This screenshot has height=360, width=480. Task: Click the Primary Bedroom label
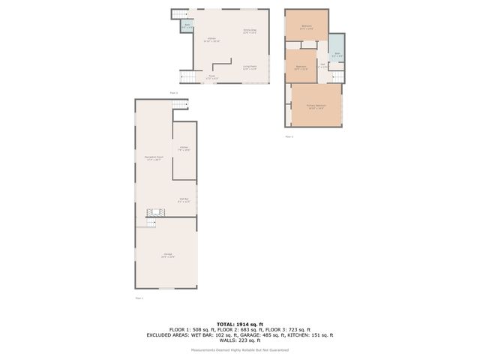pyautogui.click(x=314, y=106)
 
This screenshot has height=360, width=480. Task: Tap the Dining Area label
pyautogui.click(x=250, y=31)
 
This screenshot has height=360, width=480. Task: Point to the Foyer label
pyautogui.click(x=212, y=76)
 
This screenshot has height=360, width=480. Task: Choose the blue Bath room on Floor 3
pyautogui.click(x=337, y=55)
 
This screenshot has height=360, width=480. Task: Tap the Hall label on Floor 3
pyautogui.click(x=323, y=65)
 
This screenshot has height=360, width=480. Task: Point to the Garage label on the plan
pyautogui.click(x=167, y=255)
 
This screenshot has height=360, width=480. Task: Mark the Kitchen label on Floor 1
pyautogui.click(x=184, y=148)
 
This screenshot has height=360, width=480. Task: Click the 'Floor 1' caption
pyautogui.click(x=139, y=298)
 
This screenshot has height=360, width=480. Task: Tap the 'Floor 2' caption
pyautogui.click(x=173, y=92)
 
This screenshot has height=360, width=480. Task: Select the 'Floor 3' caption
pyautogui.click(x=289, y=136)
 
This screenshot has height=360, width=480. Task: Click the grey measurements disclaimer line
pyautogui.click(x=240, y=349)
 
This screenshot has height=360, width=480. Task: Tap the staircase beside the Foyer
pyautogui.click(x=187, y=76)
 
